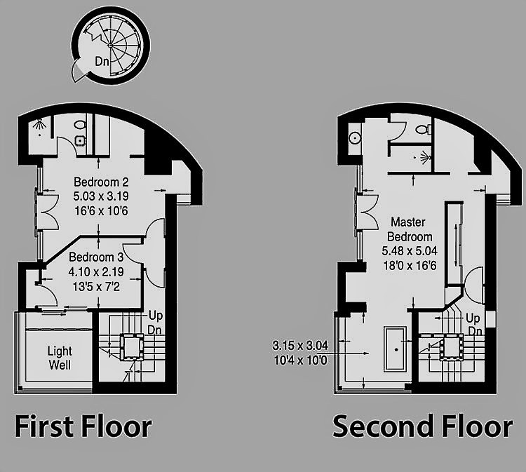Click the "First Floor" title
[83, 426]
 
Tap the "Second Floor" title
[423, 426]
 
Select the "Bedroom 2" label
[101, 182]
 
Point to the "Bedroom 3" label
[96, 257]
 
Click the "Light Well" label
[60, 358]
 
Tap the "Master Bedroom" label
[410, 229]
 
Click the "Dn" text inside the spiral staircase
[102, 62]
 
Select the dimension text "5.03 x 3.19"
[101, 196]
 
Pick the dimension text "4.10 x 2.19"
[96, 271]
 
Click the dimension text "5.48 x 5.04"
[410, 250]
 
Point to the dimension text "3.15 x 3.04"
[300, 345]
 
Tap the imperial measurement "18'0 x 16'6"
[410, 265]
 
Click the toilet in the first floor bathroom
[80, 125]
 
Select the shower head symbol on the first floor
[39, 124]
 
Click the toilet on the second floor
[423, 129]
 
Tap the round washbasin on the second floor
[355, 137]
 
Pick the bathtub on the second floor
[395, 349]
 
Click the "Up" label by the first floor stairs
[156, 316]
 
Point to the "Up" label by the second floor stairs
[473, 318]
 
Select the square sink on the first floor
[79, 140]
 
